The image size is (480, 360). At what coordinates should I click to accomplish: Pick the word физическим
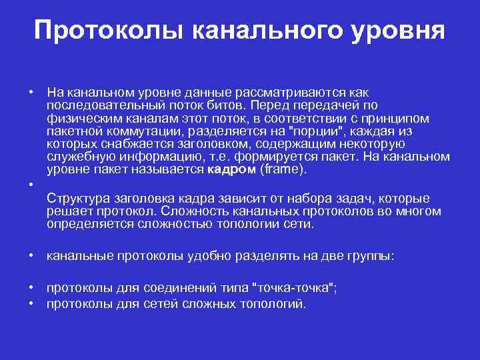pos(77,119)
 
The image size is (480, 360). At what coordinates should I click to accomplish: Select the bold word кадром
pos(232,169)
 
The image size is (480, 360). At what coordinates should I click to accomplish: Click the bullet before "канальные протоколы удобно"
pos(31,255)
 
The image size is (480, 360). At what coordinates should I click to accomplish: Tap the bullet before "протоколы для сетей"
pos(31,304)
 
